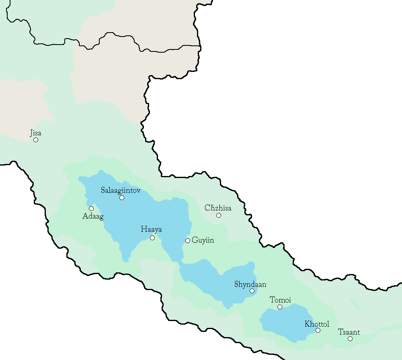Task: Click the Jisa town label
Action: pos(36,133)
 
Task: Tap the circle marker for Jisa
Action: pos(36,140)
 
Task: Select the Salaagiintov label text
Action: pos(121,190)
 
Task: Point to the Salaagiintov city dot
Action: pos(122,198)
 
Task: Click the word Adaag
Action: pos(93,216)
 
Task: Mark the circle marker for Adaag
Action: pos(91,209)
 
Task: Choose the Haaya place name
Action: pos(151,229)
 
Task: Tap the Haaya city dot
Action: pos(152,238)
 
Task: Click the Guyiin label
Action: pos(203,241)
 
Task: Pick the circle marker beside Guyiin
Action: pos(187,241)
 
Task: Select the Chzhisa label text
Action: pos(218,208)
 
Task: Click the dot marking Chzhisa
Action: pos(219,215)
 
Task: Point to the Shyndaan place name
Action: pos(250,284)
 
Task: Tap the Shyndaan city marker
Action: pos(252,291)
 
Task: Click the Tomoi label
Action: pos(280,300)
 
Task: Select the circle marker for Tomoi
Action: pos(280,307)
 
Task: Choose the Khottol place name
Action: pos(317,324)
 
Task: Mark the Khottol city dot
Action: pos(318,330)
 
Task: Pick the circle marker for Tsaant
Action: pos(350,339)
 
